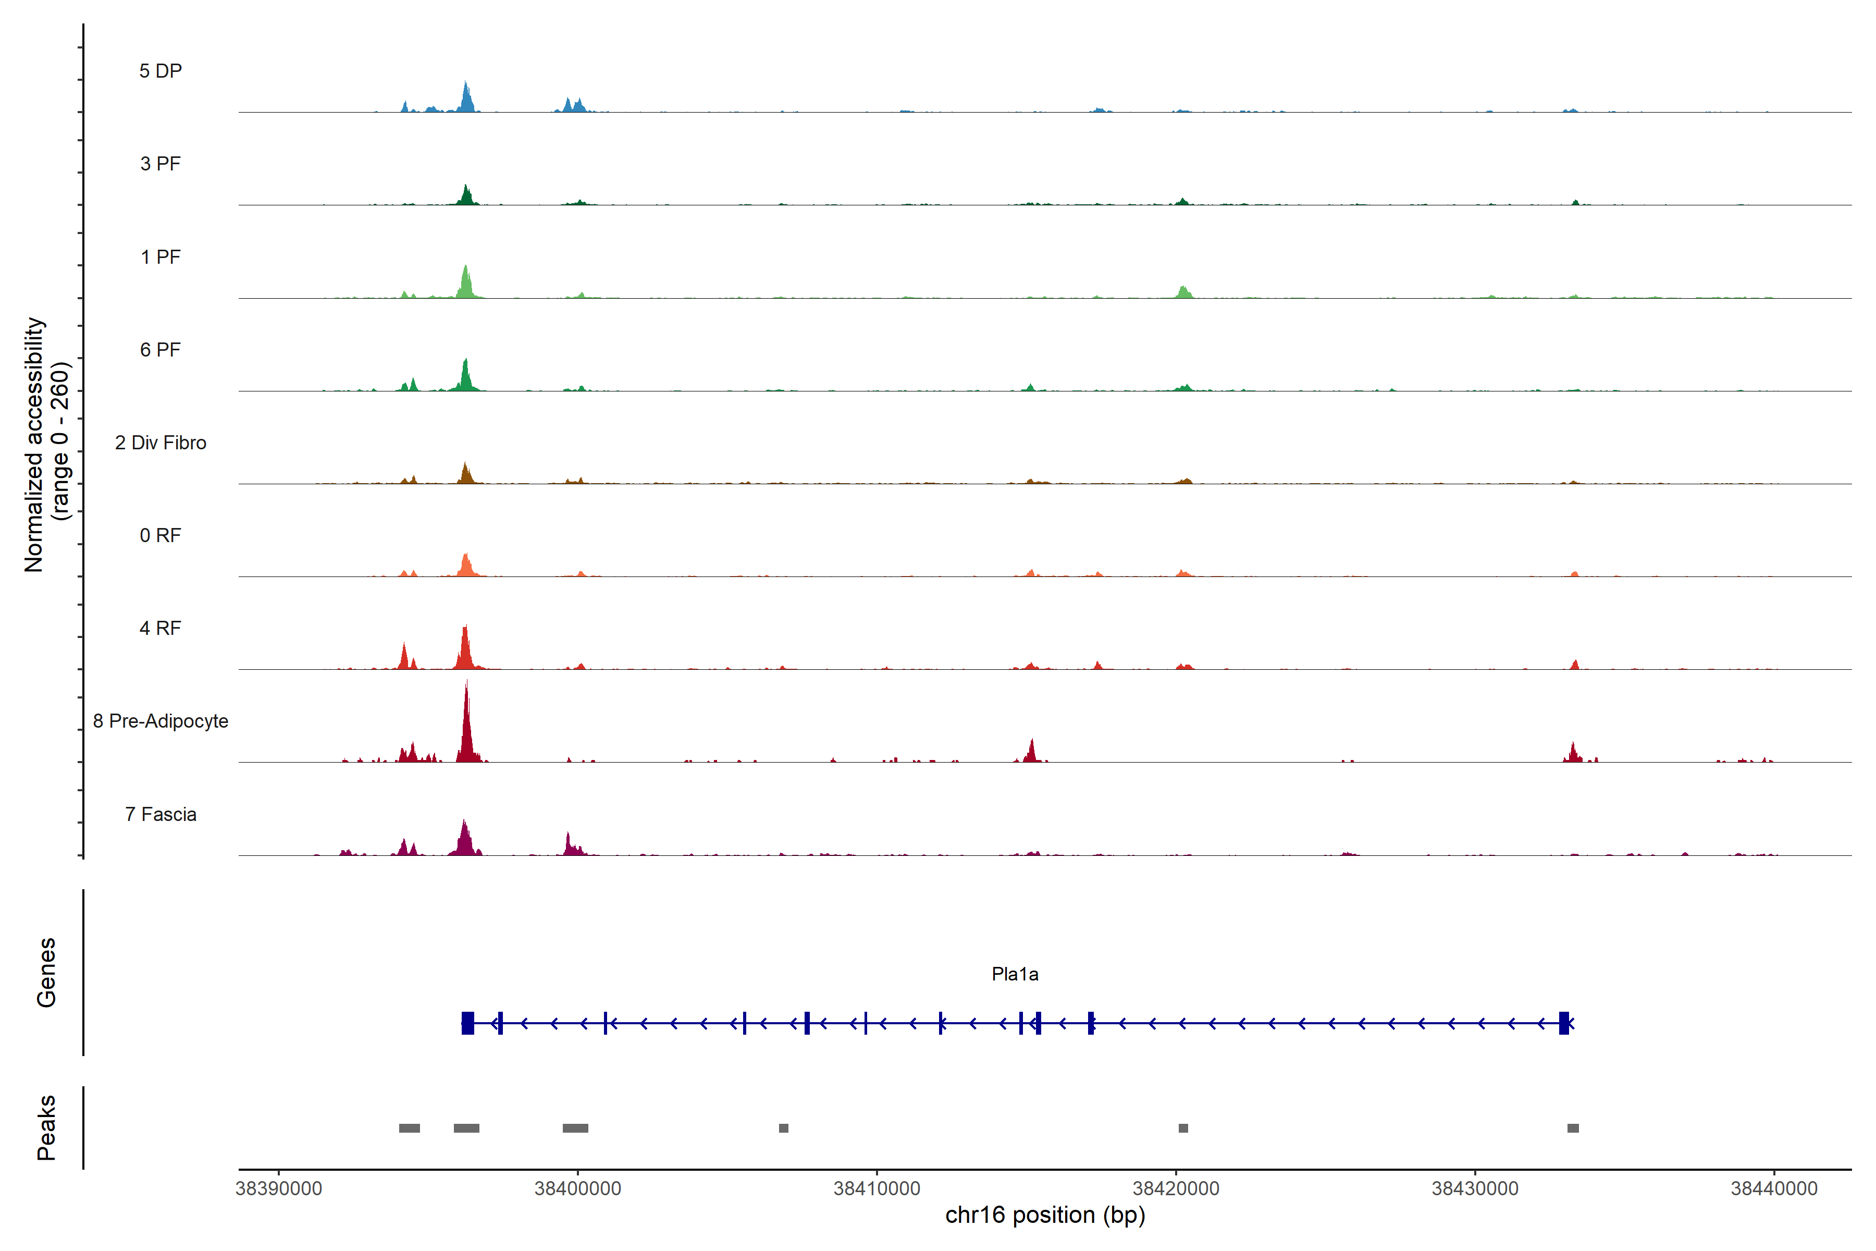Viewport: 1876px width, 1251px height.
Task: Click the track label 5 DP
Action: pos(161,71)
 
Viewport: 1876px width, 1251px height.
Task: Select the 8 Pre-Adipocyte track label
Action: pos(161,721)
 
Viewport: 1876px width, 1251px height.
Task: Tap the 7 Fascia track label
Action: pos(161,815)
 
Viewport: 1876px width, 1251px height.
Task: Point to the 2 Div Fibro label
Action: pos(161,443)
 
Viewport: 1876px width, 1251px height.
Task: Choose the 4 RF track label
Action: pos(161,629)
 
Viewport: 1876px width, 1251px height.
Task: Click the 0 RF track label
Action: pos(161,535)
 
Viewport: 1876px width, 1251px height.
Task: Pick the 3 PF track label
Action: pos(161,164)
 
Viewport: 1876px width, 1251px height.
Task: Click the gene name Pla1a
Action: pos(1015,974)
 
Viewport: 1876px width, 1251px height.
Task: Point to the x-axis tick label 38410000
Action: pos(877,1189)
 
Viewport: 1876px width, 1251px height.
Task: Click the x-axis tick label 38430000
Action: pos(1475,1189)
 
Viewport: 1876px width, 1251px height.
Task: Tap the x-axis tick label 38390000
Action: pos(279,1189)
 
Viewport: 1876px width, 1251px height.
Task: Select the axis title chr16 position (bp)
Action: pos(1045,1215)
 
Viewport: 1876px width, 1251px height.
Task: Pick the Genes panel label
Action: pos(46,973)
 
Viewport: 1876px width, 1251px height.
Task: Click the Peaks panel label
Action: pos(46,1127)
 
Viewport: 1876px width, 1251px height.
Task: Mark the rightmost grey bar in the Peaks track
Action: pos(1573,1128)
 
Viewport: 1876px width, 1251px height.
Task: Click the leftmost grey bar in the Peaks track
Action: pos(409,1128)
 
